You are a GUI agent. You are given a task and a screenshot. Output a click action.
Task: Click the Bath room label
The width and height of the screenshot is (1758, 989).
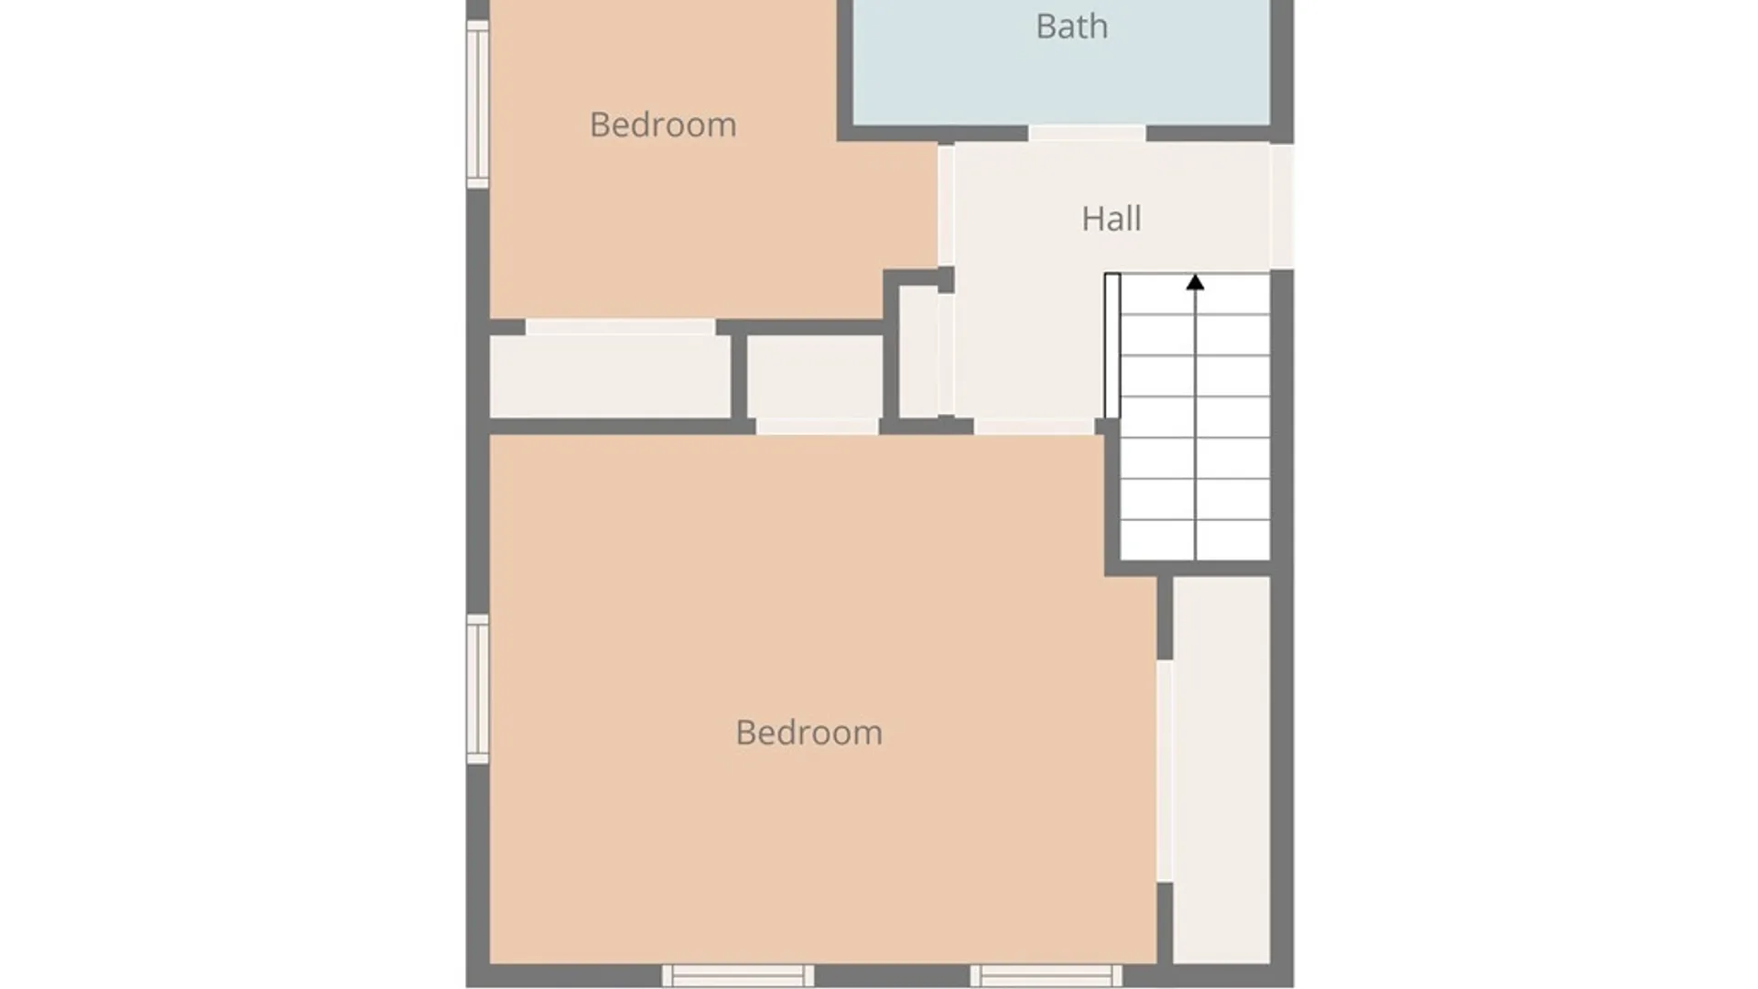(x=1071, y=27)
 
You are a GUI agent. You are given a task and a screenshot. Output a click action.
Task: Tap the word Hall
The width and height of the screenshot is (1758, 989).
(x=1112, y=219)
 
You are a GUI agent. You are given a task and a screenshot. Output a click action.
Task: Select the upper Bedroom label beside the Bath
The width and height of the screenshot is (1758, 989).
(x=663, y=125)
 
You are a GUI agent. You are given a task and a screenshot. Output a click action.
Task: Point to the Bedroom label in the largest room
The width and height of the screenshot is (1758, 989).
(x=809, y=733)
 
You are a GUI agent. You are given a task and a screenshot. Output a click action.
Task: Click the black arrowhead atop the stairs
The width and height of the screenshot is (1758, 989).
(x=1195, y=283)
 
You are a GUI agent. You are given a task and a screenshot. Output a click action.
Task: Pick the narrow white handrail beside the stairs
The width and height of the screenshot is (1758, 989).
(x=1112, y=345)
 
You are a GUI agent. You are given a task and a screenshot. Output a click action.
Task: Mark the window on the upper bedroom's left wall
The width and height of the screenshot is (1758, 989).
(x=478, y=104)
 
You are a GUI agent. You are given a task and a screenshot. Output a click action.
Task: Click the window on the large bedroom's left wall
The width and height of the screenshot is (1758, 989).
(x=478, y=690)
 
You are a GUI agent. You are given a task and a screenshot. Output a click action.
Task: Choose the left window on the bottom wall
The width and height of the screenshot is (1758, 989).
(x=738, y=975)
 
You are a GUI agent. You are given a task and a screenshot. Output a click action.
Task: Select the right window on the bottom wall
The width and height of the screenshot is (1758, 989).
(x=1047, y=975)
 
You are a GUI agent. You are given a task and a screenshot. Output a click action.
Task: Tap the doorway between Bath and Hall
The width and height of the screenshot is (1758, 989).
(x=1087, y=134)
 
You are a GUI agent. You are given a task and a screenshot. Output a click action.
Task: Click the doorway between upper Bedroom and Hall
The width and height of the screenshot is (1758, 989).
(x=946, y=205)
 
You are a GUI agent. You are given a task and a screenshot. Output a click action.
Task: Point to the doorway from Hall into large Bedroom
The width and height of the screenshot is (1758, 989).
(x=1034, y=427)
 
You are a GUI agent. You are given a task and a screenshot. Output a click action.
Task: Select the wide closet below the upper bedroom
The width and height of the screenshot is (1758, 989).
(x=611, y=376)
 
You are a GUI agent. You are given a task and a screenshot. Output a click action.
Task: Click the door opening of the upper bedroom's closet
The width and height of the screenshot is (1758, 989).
(x=621, y=327)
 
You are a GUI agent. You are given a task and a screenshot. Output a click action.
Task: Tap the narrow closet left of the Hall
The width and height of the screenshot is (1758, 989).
(x=918, y=352)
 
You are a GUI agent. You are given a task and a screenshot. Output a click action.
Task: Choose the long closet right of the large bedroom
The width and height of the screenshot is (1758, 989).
(x=1221, y=769)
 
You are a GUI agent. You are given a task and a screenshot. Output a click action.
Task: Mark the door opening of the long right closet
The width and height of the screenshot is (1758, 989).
(x=1165, y=771)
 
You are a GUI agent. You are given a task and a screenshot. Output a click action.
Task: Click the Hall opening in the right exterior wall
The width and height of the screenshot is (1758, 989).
(x=1282, y=206)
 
